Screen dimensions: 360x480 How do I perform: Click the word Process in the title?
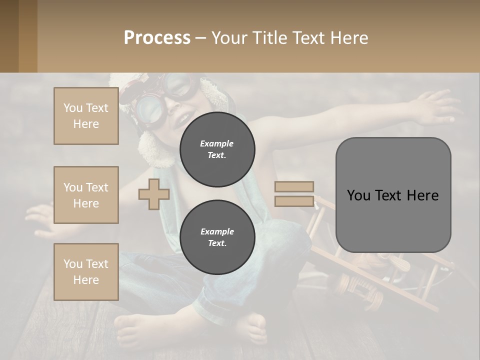point(157,38)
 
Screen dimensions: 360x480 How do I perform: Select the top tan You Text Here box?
point(86,116)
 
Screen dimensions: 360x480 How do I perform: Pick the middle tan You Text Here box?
point(86,195)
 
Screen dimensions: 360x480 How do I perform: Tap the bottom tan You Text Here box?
point(86,272)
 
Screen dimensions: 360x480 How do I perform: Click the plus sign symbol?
point(153,194)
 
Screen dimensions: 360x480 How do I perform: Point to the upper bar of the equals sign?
point(294,186)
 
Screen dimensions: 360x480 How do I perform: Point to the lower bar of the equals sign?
point(294,201)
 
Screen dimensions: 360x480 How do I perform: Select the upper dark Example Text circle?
point(217,149)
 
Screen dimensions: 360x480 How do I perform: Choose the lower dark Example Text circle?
point(217,237)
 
